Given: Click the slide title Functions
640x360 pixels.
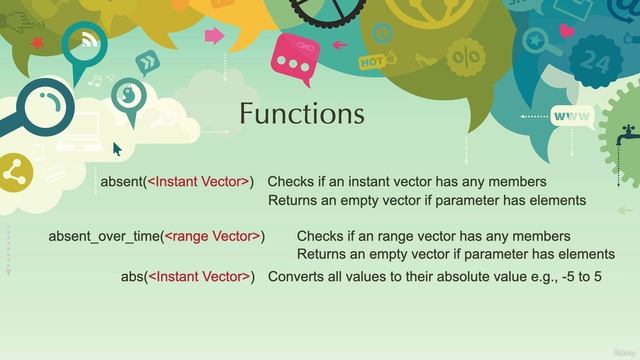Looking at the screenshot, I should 301,114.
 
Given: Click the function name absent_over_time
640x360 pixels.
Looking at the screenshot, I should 103,236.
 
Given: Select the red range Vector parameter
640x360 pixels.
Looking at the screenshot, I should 212,236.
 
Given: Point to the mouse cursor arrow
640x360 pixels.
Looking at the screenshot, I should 116,148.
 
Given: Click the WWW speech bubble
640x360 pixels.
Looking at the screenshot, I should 571,117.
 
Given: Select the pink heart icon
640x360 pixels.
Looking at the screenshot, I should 567,31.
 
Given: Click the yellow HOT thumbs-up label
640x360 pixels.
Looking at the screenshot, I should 372,61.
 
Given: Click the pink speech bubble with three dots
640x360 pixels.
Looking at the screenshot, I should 293,59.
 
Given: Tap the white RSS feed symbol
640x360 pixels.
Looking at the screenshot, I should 88,41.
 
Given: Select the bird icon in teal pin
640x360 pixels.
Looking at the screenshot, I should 128,95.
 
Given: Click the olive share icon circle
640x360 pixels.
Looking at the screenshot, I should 14,172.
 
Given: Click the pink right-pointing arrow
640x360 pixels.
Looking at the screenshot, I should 214,36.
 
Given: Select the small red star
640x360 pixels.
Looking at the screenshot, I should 37,43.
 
